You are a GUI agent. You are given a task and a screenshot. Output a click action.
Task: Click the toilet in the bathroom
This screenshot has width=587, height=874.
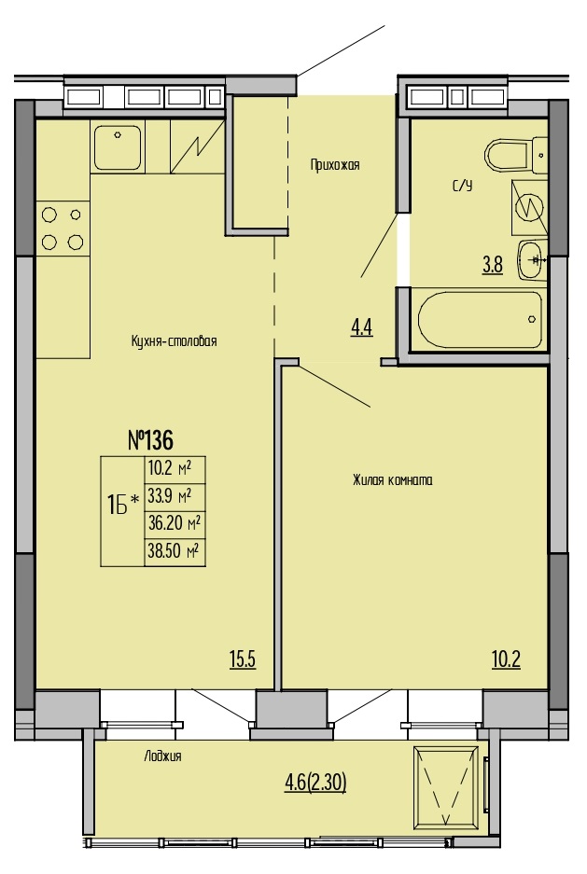click(x=516, y=155)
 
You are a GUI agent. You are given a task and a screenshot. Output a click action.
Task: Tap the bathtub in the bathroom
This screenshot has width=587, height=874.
click(x=480, y=319)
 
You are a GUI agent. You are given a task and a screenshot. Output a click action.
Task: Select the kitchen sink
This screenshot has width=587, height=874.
click(x=117, y=147)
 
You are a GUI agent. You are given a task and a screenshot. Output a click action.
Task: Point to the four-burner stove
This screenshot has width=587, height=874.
click(x=63, y=229)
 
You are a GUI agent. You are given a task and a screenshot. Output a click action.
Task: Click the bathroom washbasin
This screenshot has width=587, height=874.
click(x=532, y=259)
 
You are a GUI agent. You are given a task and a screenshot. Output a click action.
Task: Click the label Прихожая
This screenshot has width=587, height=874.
click(x=335, y=165)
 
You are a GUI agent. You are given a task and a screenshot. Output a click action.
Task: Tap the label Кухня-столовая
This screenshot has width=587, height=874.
click(x=174, y=340)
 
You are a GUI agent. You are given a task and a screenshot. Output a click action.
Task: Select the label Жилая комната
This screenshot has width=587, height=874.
click(x=393, y=480)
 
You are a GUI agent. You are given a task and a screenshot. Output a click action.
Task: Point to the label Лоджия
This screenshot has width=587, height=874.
click(x=162, y=756)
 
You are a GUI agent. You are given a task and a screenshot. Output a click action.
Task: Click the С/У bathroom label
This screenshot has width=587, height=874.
click(x=462, y=187)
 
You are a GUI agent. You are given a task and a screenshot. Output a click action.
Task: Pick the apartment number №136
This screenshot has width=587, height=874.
click(x=150, y=439)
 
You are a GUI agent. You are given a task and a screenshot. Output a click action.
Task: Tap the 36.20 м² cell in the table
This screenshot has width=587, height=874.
click(x=175, y=524)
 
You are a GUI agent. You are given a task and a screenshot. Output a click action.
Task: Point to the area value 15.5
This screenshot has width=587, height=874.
click(x=243, y=659)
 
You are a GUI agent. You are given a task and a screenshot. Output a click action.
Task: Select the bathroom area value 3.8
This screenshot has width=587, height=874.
click(x=493, y=265)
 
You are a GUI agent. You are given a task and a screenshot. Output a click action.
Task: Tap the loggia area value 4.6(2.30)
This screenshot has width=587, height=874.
click(x=315, y=784)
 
